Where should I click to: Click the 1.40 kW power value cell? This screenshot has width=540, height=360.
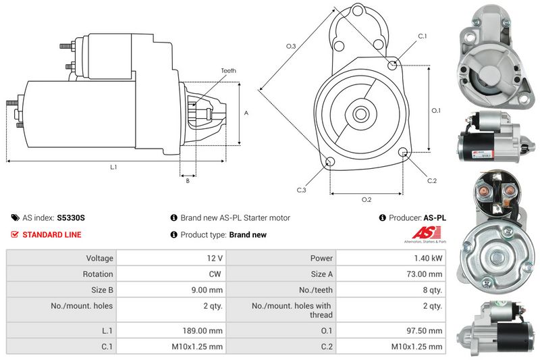(428, 258)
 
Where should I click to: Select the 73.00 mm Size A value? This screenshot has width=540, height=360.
(425, 274)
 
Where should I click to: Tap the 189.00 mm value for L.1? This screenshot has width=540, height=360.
(202, 331)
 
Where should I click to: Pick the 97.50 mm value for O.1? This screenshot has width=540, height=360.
(425, 331)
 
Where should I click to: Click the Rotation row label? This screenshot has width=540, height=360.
(98, 274)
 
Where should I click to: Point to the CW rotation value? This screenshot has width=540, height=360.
(215, 274)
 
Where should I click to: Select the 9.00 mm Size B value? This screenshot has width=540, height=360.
(207, 290)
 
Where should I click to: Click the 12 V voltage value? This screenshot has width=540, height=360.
(215, 258)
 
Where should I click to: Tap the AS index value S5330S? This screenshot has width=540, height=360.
(71, 217)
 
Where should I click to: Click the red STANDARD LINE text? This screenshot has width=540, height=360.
(52, 234)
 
